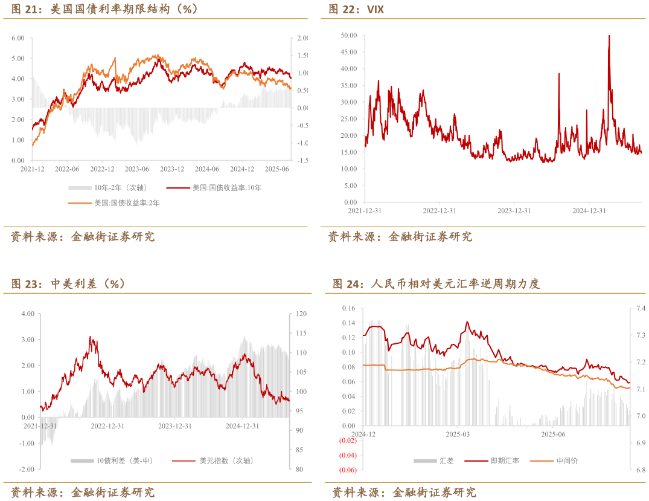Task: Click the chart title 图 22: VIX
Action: tap(356, 9)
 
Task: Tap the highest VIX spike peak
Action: tap(609, 36)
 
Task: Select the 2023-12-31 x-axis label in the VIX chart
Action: tap(514, 210)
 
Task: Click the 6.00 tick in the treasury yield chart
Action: tap(18, 38)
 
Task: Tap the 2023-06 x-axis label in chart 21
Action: tap(137, 169)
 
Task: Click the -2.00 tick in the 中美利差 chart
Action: tap(27, 469)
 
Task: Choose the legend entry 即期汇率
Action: tap(500, 461)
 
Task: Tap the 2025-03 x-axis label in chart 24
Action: tap(457, 435)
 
